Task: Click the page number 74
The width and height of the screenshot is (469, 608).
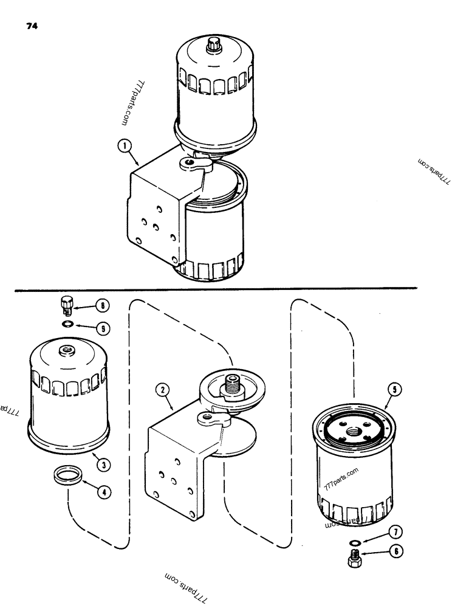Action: click(x=31, y=27)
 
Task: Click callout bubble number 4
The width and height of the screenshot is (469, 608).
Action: click(x=104, y=492)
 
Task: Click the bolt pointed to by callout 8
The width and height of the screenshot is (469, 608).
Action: click(x=66, y=303)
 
